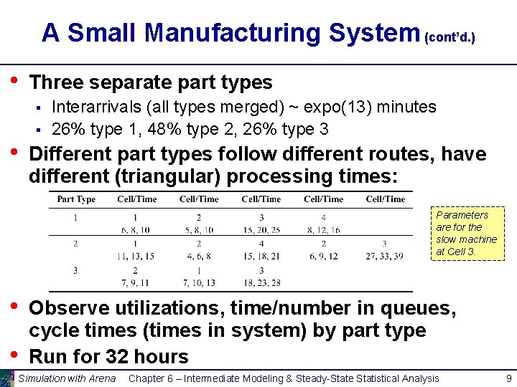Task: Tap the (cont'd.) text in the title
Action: point(450,36)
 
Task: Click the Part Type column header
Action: point(76,199)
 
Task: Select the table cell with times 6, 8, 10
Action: point(135,229)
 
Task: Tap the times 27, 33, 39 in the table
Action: point(384,256)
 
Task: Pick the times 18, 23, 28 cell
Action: point(261,282)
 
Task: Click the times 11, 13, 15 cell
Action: point(135,256)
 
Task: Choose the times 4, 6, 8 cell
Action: point(198,256)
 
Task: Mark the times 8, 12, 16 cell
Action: point(323,229)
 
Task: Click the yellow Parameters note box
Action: point(466,234)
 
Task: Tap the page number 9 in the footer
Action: point(509,378)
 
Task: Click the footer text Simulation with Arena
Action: point(67,378)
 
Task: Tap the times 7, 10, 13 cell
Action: point(198,282)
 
